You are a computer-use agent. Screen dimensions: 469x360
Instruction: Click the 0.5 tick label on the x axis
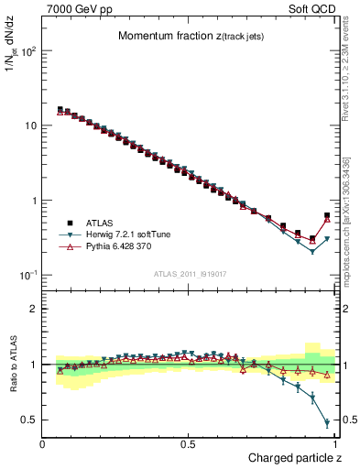click(188, 443)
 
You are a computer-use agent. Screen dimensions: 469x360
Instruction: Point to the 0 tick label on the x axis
click(43, 443)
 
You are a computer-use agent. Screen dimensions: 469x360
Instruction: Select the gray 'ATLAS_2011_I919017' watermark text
click(190, 273)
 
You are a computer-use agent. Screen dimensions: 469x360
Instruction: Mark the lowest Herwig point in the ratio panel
click(327, 423)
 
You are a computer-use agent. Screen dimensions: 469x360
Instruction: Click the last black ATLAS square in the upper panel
click(327, 216)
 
